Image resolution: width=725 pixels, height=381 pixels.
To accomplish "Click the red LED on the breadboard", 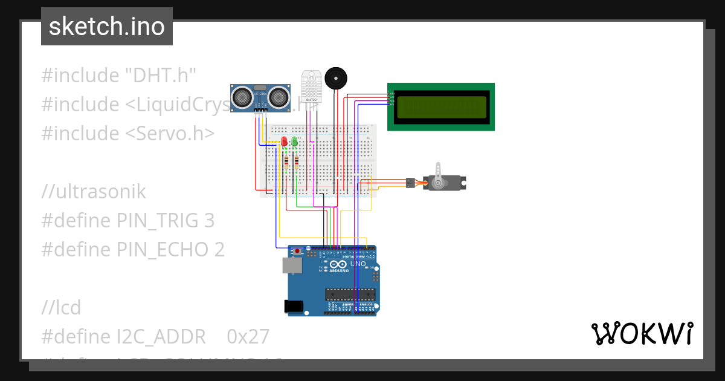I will pyautogui.click(x=284, y=142).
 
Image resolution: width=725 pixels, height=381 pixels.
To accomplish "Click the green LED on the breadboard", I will pyautogui.click(x=294, y=142).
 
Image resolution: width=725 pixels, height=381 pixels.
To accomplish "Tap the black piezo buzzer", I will pyautogui.click(x=335, y=79).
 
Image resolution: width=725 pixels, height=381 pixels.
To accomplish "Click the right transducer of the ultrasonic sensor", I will pyautogui.click(x=279, y=96).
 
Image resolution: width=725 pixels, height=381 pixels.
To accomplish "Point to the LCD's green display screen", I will pyautogui.click(x=440, y=107).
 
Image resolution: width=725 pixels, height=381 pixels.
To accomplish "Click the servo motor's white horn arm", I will pyautogui.click(x=439, y=172).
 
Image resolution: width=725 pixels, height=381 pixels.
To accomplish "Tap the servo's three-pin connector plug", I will pyautogui.click(x=410, y=182).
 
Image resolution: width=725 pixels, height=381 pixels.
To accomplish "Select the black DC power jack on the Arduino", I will pyautogui.click(x=294, y=307).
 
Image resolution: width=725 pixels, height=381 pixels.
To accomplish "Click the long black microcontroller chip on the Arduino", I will pyautogui.click(x=350, y=295).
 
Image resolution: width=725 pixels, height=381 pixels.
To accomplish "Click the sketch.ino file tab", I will pyautogui.click(x=107, y=27).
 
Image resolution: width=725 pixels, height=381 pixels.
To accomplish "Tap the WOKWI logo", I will pyautogui.click(x=642, y=333).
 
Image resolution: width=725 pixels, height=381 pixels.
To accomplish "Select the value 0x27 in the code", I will pyautogui.click(x=248, y=336).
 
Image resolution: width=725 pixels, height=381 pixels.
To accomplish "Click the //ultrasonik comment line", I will pyautogui.click(x=94, y=192).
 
